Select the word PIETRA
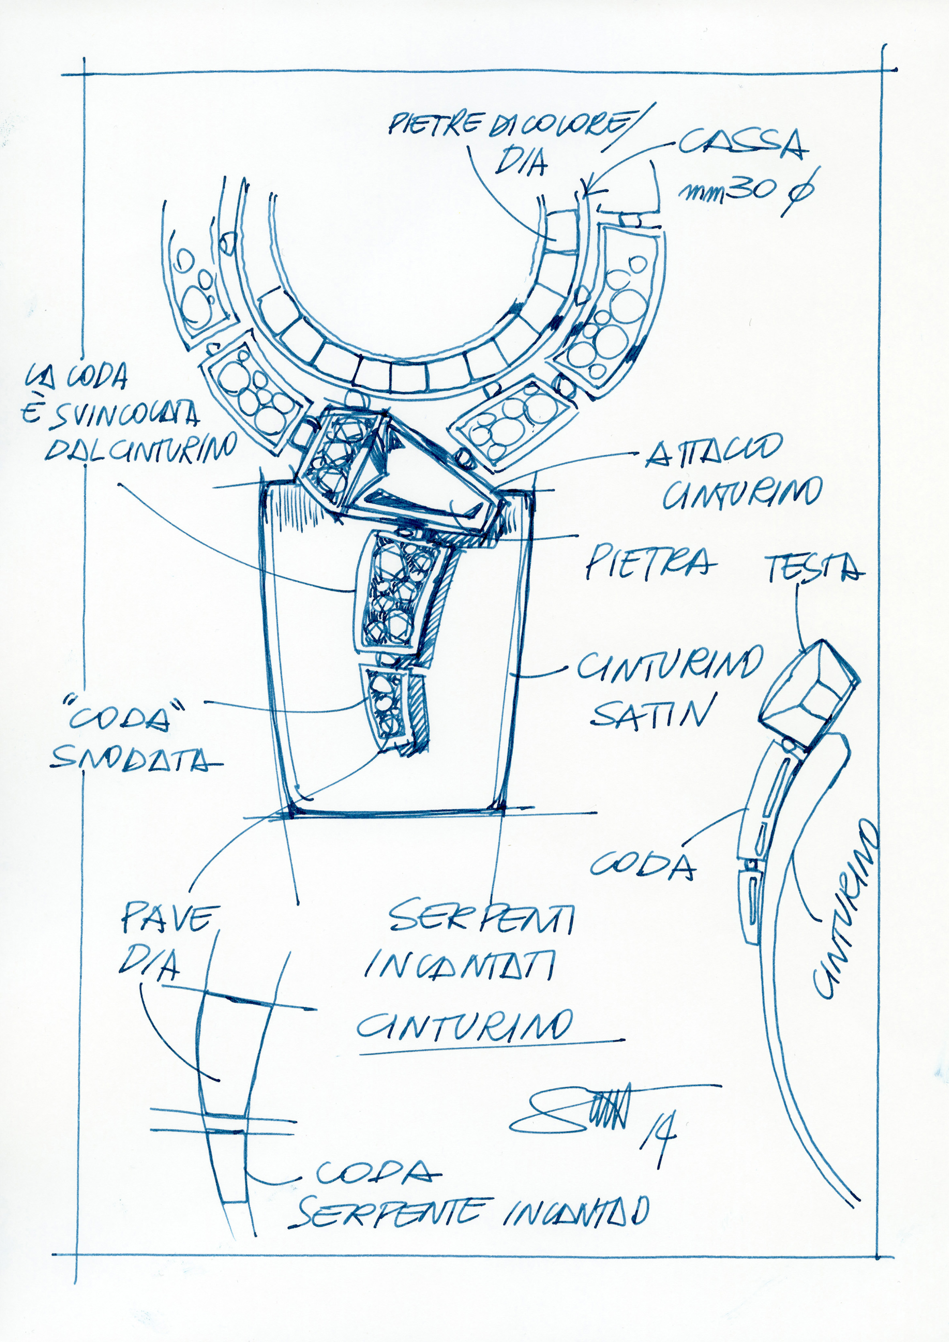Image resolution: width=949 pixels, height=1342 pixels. pos(650,562)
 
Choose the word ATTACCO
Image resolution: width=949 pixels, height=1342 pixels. pos(713,452)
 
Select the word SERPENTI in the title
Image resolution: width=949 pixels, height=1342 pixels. pos(481,916)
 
